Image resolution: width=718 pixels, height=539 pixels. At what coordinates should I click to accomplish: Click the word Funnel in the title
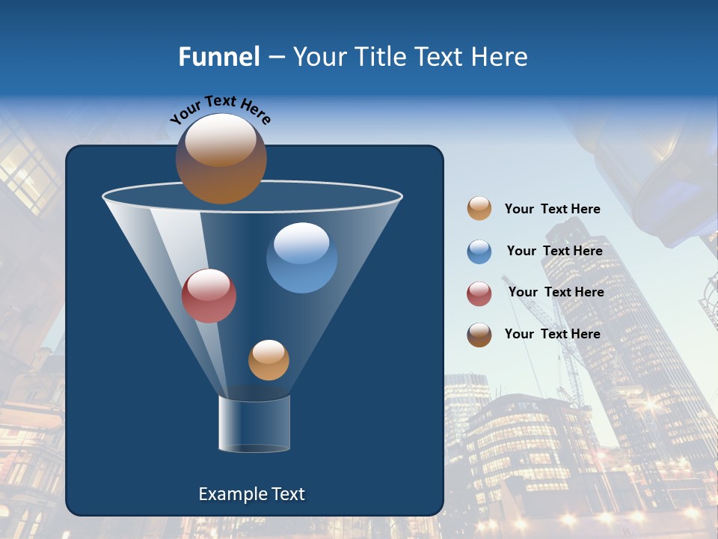pos(218,57)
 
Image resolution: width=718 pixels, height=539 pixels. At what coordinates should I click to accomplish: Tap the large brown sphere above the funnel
pos(221,159)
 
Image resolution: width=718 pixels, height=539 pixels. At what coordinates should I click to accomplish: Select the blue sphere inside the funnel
pos(301,258)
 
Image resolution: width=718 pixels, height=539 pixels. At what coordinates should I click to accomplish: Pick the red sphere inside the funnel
pos(209,296)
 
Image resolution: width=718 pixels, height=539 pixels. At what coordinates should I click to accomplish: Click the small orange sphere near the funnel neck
pos(269,360)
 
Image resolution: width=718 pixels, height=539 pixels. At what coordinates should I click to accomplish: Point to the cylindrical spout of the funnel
pos(254,424)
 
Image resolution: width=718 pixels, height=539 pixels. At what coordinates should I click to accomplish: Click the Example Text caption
pos(252,494)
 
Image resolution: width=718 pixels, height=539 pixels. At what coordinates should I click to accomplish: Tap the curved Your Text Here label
pos(221,109)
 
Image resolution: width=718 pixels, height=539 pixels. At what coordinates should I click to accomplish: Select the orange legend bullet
pos(479,209)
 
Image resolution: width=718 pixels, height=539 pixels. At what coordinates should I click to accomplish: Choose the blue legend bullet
pos(479,252)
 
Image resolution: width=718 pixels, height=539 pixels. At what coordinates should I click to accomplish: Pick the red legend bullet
pos(479,293)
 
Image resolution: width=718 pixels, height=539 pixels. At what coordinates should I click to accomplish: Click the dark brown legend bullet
pos(479,335)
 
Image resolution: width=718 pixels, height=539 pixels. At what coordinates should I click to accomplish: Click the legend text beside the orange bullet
pos(552,209)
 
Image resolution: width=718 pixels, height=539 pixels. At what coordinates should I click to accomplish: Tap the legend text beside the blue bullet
pos(554,251)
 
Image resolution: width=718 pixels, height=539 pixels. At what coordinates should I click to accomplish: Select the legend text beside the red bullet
pos(556,292)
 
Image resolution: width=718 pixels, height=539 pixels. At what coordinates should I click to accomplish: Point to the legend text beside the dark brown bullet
pos(552,334)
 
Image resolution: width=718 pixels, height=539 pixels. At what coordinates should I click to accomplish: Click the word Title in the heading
pos(381,57)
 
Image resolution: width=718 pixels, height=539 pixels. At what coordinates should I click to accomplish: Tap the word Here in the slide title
pos(500,57)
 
